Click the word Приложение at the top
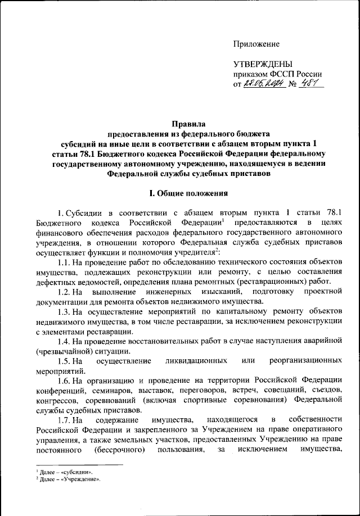coord(256,43)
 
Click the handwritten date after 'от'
coord(263,84)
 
